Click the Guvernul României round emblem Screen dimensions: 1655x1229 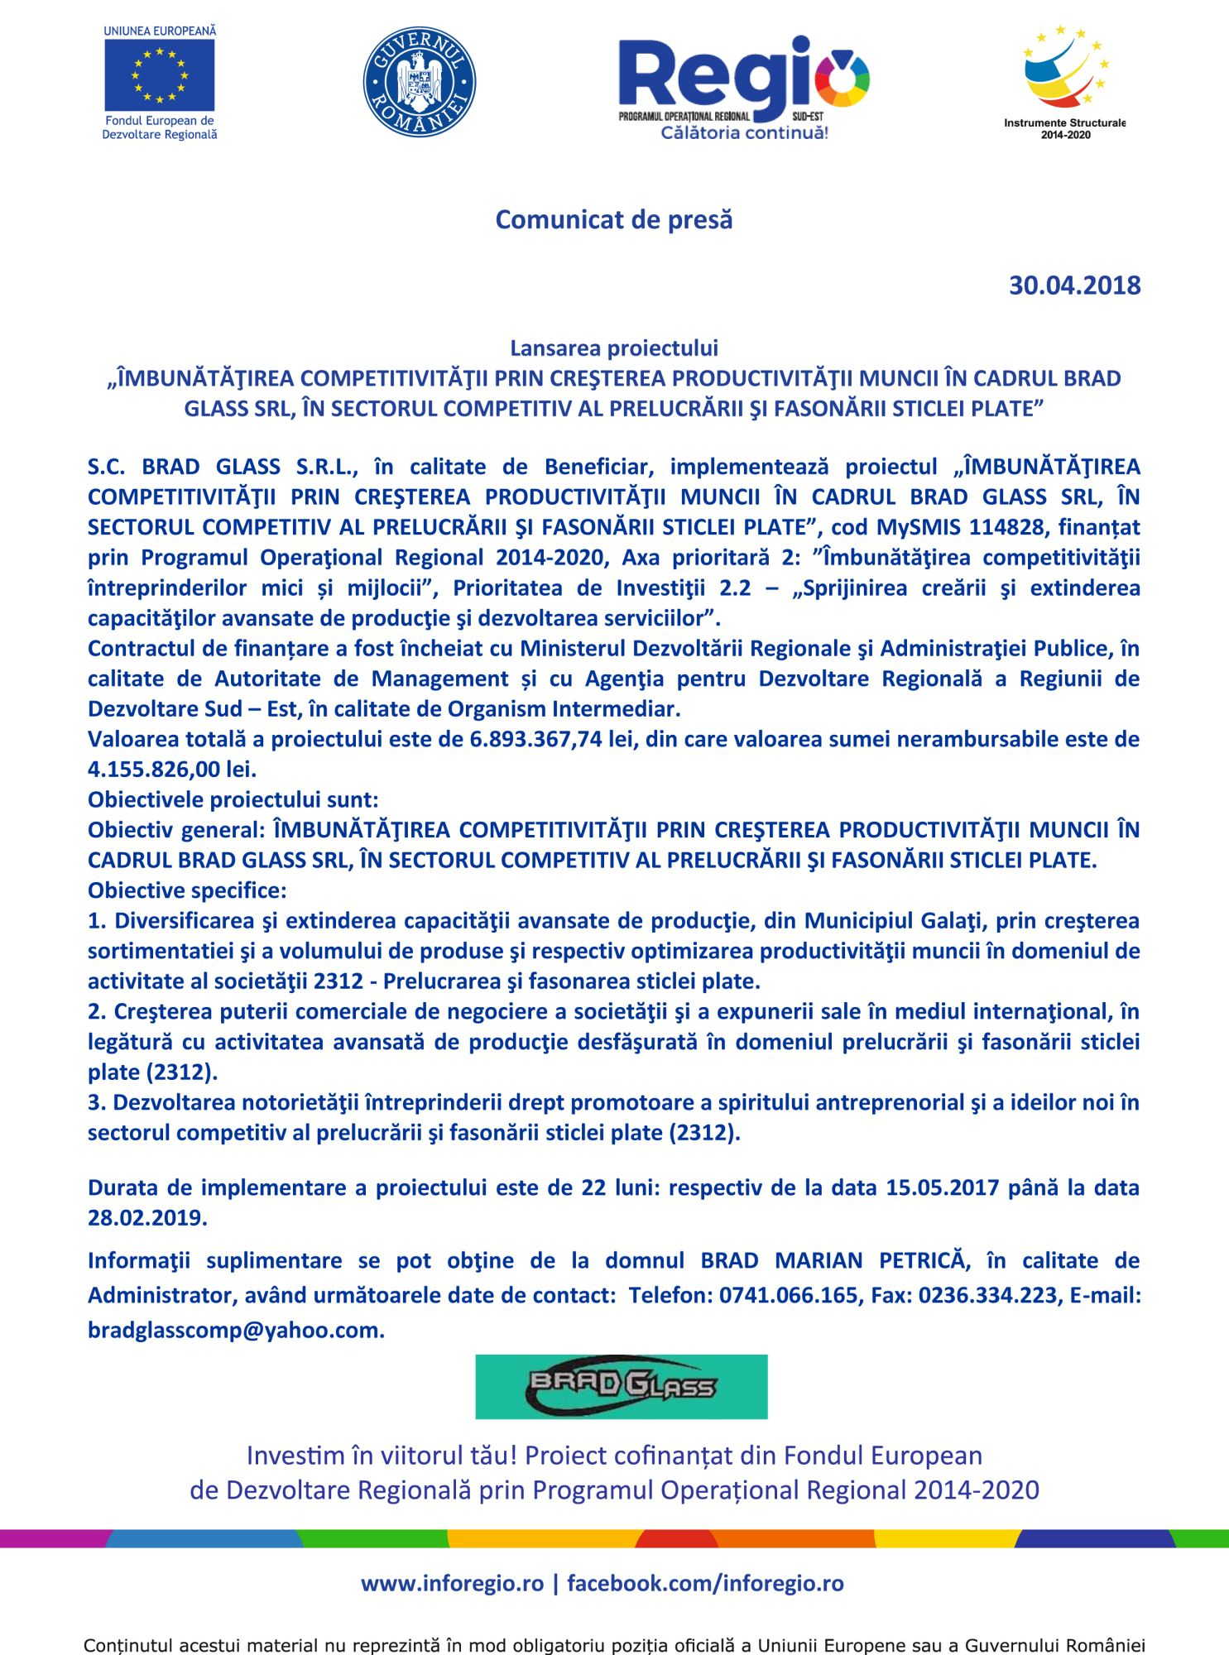point(420,81)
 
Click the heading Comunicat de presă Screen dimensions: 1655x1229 point(613,220)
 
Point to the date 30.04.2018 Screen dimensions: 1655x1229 point(1074,285)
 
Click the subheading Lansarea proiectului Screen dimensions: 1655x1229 point(613,348)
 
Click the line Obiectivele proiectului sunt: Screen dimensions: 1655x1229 point(233,799)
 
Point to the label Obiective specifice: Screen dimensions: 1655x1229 point(187,890)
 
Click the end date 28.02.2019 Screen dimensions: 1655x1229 point(146,1218)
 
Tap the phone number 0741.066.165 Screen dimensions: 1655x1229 point(788,1295)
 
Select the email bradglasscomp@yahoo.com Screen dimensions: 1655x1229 point(235,1330)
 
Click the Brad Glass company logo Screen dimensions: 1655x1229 point(621,1387)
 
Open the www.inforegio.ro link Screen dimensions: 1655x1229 point(452,1584)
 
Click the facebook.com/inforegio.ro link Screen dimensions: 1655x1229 point(705,1584)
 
